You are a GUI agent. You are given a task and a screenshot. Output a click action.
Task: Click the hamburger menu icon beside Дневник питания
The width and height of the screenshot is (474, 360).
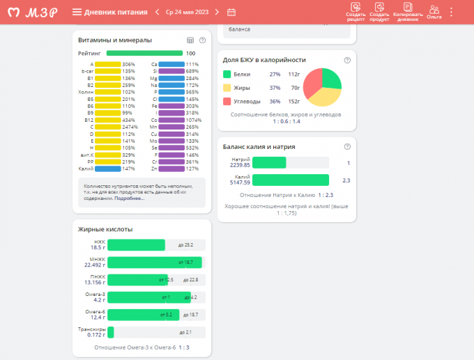[x=77, y=12]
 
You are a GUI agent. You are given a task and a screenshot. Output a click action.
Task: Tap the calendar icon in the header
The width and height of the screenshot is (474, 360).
[x=231, y=12]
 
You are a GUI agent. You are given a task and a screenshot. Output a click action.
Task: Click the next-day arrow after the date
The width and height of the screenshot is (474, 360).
[x=217, y=12]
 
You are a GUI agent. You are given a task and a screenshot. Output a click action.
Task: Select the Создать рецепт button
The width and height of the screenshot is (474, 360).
[x=355, y=11]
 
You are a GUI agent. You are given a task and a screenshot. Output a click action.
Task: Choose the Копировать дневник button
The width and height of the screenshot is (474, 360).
[x=407, y=11]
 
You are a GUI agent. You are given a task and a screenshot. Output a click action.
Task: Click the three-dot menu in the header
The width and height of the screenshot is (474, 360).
[x=452, y=12]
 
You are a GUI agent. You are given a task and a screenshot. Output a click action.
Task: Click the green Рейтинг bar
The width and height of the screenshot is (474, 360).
[x=144, y=53]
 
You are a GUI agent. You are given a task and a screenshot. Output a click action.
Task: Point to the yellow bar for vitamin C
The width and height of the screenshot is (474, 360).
[x=108, y=127]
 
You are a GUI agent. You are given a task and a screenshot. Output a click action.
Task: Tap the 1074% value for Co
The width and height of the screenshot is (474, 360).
[x=193, y=120]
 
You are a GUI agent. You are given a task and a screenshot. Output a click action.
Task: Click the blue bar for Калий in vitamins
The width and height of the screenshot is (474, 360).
[x=107, y=169]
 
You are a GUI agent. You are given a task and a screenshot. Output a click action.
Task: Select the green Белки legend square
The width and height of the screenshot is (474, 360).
[x=227, y=74]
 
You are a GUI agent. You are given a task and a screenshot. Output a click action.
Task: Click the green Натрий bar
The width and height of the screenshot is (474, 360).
[x=269, y=162]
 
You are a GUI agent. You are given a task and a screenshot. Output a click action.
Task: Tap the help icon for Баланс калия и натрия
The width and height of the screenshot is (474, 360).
[x=347, y=147]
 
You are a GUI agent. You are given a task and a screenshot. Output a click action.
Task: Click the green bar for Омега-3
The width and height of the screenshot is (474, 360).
[x=149, y=297]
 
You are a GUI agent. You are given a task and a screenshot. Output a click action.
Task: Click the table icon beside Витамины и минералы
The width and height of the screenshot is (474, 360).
[x=191, y=40]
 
